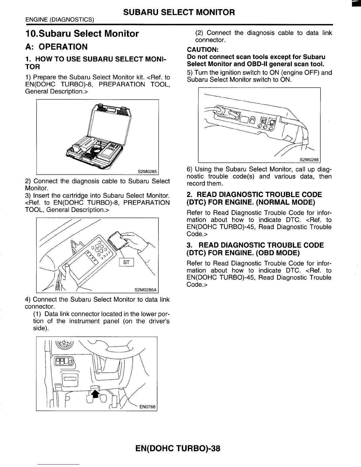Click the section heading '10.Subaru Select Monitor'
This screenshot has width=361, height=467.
pyautogui.click(x=82, y=34)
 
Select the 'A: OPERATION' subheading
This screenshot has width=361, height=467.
pyautogui.click(x=56, y=47)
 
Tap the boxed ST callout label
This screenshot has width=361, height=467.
pyautogui.click(x=126, y=262)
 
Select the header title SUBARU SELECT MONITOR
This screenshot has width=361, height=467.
pyautogui.click(x=179, y=12)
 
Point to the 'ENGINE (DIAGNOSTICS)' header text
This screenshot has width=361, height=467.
pyautogui.click(x=60, y=20)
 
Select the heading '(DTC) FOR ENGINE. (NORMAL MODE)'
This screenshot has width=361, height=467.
pyautogui.click(x=251, y=202)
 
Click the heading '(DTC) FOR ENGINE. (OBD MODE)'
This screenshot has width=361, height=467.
pyautogui.click(x=243, y=253)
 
